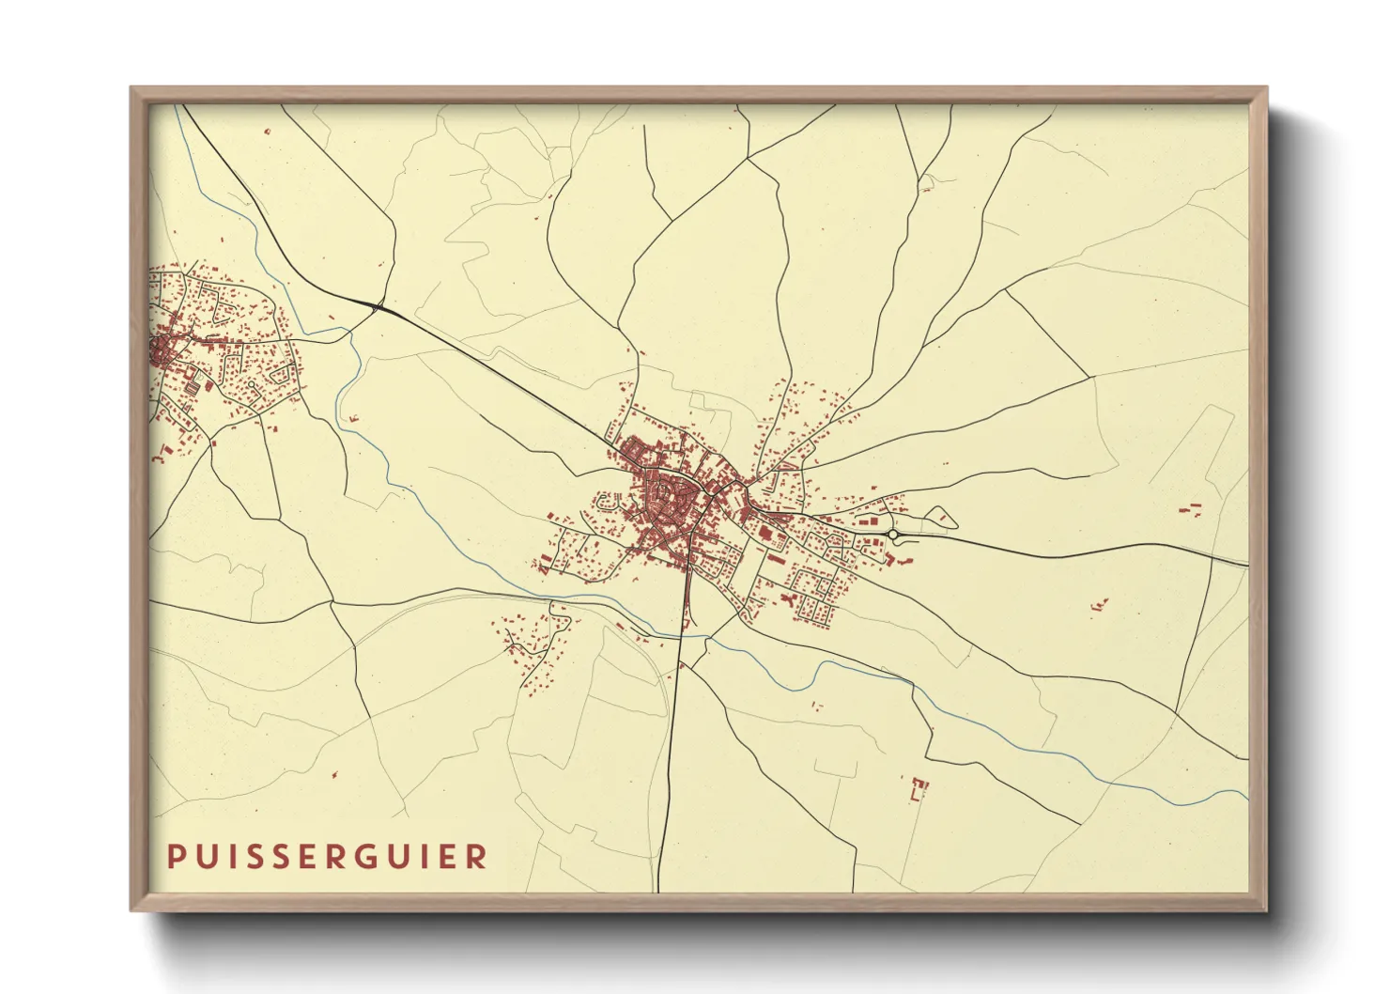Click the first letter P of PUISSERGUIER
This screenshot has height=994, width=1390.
[x=175, y=856]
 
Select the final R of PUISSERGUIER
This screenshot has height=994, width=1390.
[x=478, y=856]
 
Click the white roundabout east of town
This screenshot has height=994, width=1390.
[x=893, y=535]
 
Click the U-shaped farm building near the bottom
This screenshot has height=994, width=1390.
[x=919, y=788]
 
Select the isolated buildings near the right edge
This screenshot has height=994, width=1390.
[x=1191, y=509]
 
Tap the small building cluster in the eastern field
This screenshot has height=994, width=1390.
[x=1098, y=605]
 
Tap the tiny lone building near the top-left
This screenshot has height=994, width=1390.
[x=267, y=132]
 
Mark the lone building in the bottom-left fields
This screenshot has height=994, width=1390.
[x=334, y=776]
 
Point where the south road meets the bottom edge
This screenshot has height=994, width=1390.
[x=658, y=890]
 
